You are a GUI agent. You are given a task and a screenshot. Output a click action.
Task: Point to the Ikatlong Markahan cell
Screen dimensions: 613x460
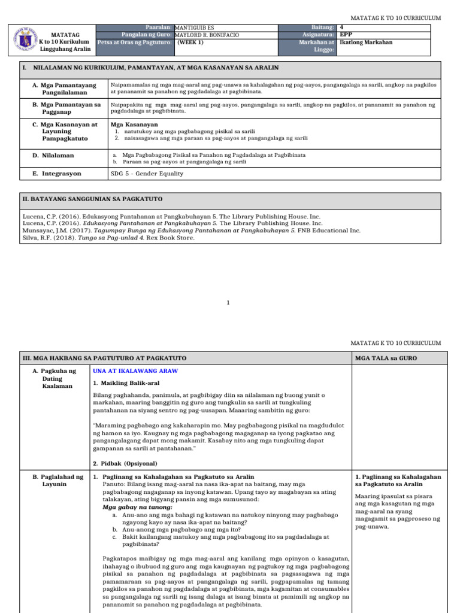click(x=366, y=43)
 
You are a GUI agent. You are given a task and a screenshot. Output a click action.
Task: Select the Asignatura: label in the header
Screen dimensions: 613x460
click(x=317, y=35)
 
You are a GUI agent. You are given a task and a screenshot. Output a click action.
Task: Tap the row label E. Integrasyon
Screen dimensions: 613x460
click(x=57, y=174)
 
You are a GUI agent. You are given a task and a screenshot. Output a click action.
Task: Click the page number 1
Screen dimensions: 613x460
click(x=228, y=303)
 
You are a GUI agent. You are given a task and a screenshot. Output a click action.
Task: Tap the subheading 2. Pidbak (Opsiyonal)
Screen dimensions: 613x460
click(x=126, y=463)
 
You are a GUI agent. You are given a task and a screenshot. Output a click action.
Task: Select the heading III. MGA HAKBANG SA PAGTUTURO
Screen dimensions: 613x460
click(x=104, y=358)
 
